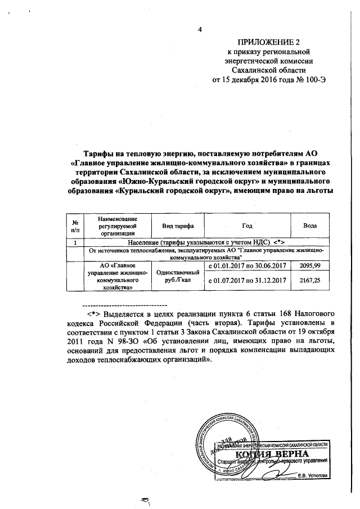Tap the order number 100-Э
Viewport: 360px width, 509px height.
pyautogui.click(x=314, y=79)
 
